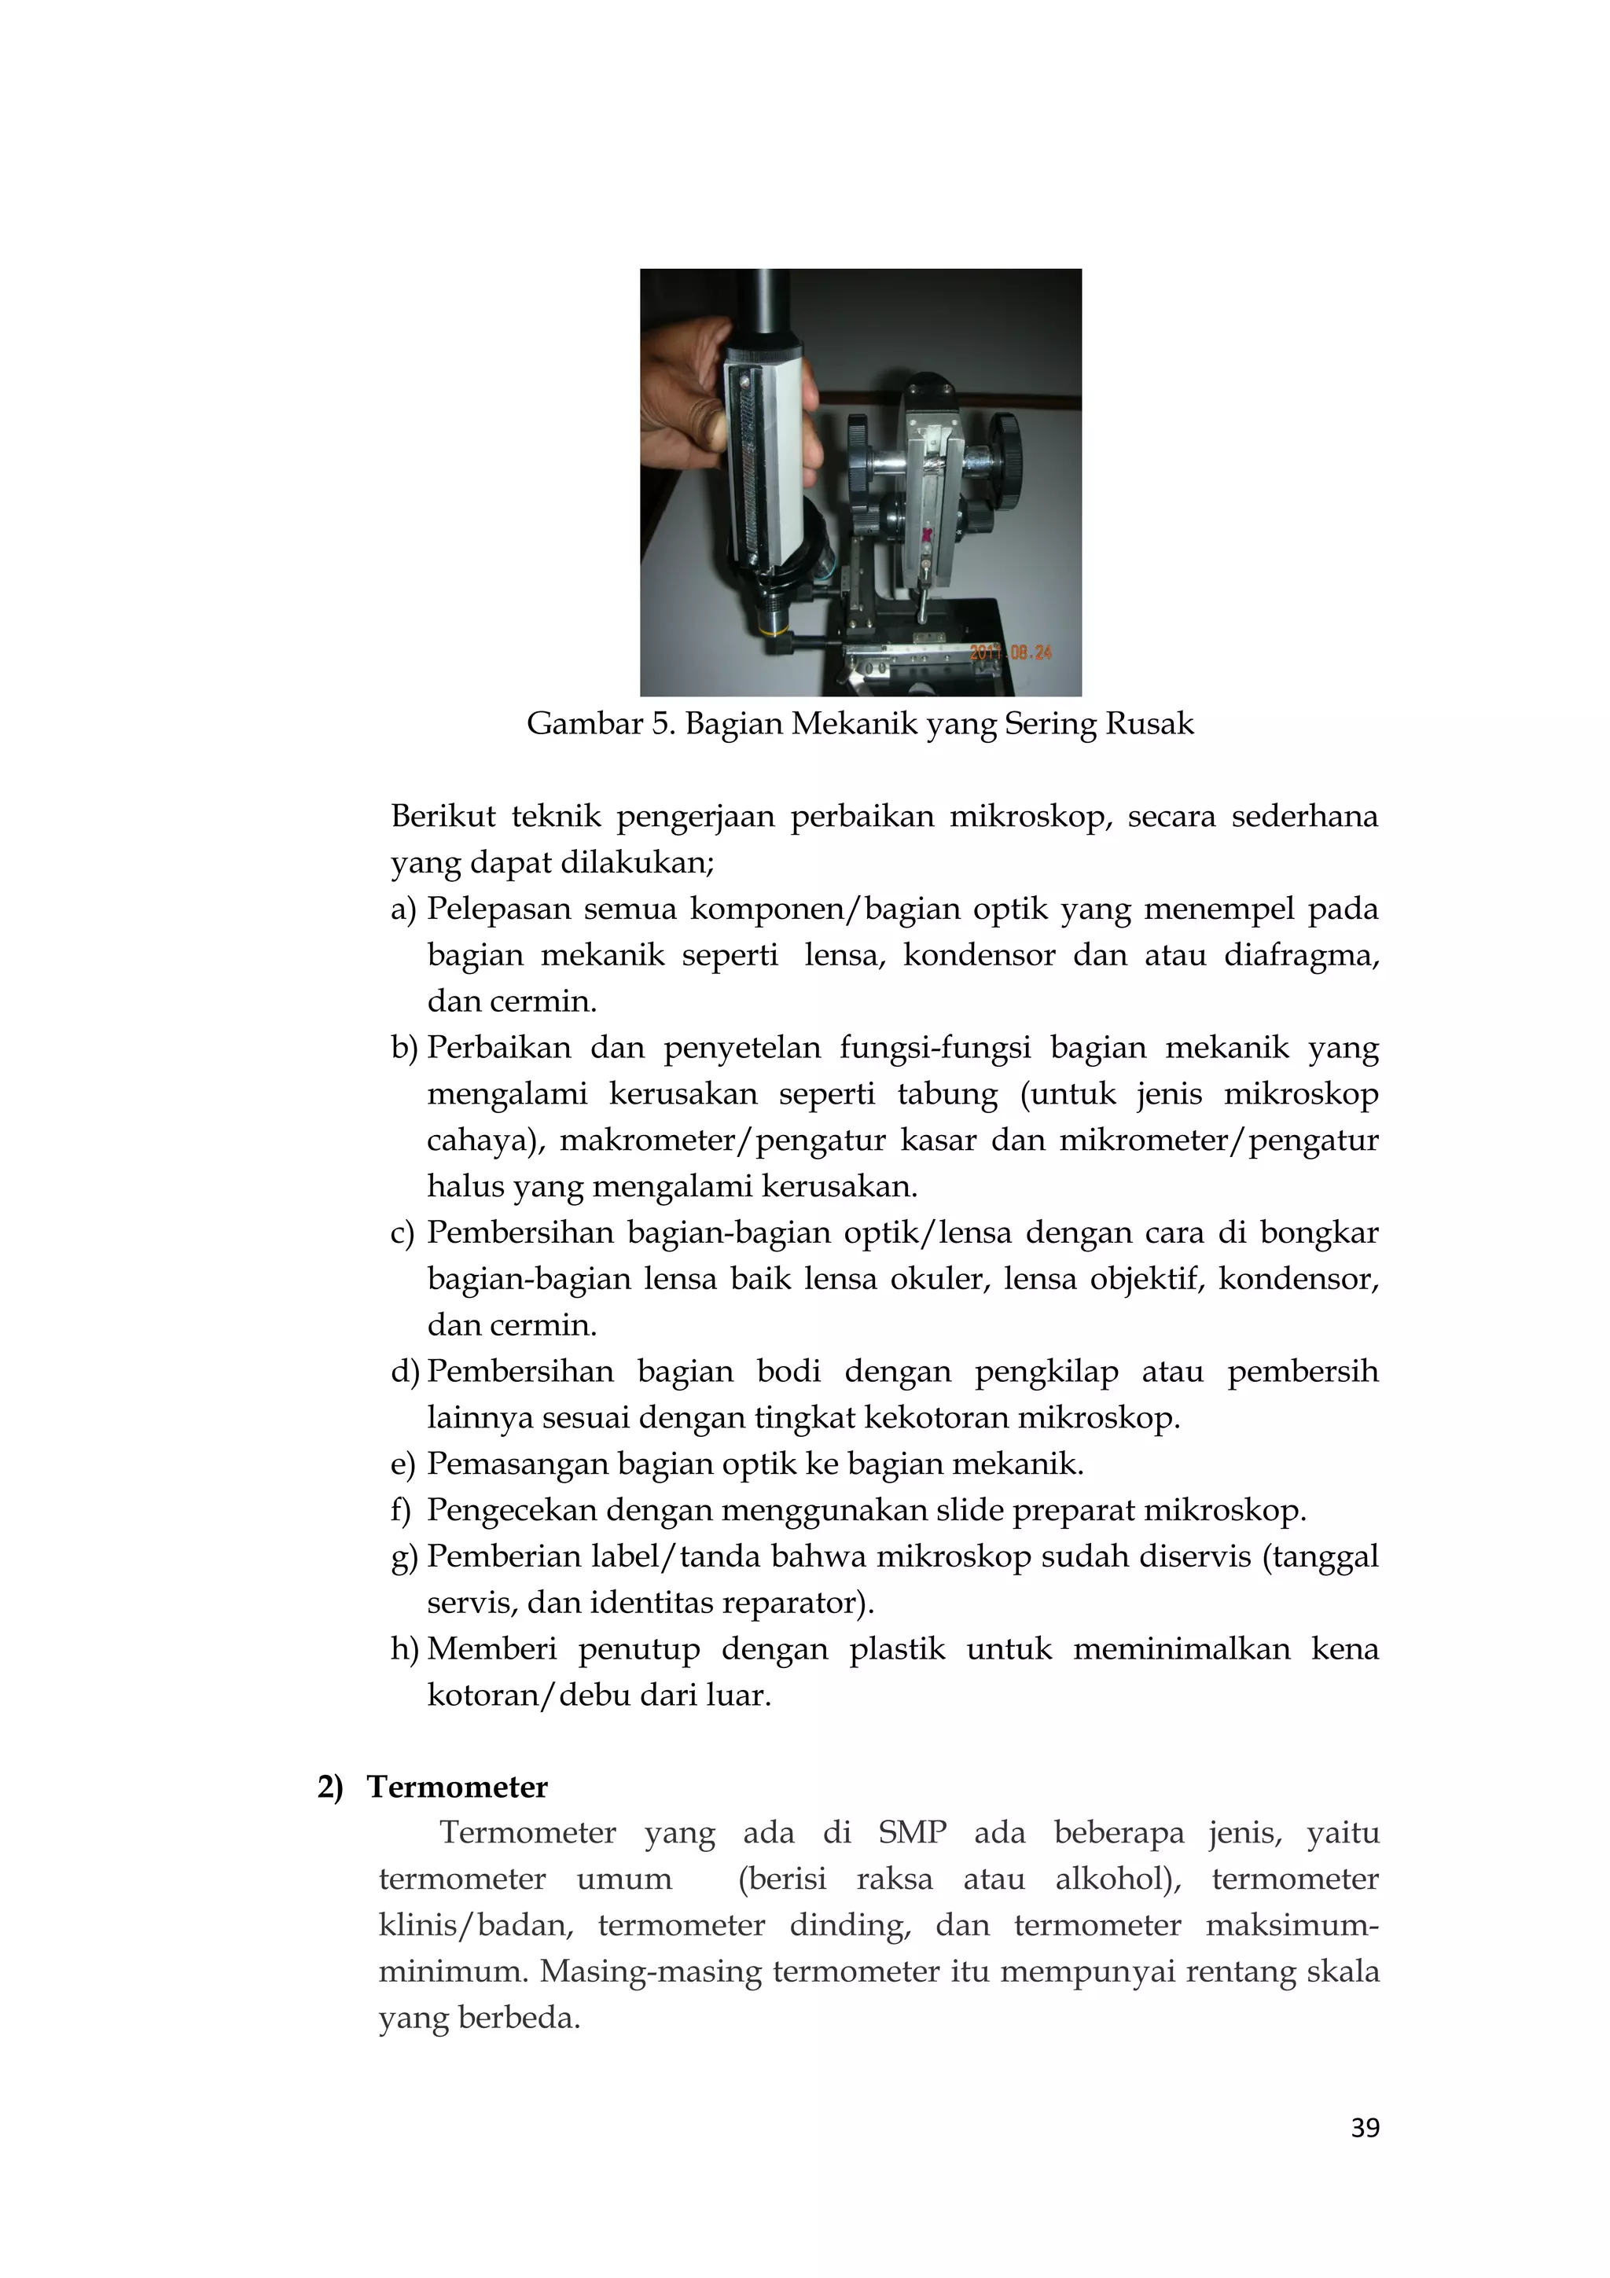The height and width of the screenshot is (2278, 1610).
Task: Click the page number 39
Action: pos(1365,2127)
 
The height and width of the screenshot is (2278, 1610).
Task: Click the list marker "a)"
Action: pos(404,909)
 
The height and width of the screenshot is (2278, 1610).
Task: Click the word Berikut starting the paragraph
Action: pos(443,817)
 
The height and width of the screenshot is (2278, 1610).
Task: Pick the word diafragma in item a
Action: pos(1299,955)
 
